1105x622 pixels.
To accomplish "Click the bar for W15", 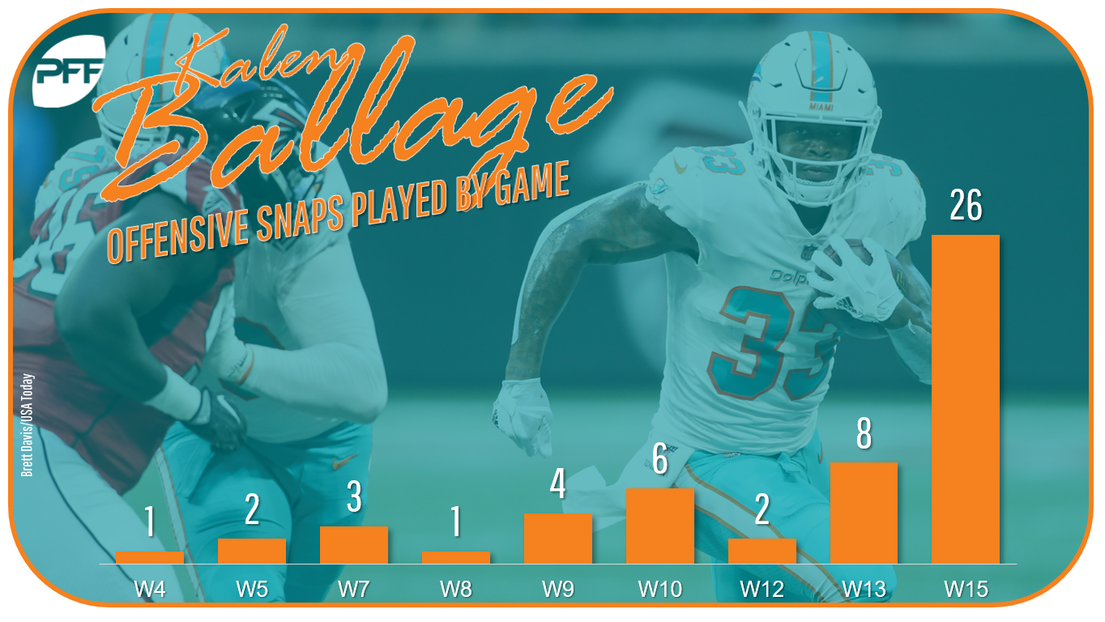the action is tap(966, 399).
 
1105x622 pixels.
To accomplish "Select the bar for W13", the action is tap(864, 513).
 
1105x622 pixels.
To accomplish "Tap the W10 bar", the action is tap(660, 526).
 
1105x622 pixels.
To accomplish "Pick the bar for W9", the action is tap(558, 539).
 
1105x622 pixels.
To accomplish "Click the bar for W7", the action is tap(354, 545).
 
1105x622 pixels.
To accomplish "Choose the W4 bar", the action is tap(150, 557).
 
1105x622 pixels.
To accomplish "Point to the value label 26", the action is tap(966, 205).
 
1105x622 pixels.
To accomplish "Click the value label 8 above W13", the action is tap(864, 433).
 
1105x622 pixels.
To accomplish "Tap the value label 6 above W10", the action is tap(660, 458).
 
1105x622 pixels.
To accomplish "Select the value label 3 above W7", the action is tap(354, 496).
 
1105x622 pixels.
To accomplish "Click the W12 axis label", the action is tap(762, 589).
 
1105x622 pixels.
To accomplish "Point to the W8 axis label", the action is tap(456, 589).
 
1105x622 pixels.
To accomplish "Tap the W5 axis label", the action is tap(252, 589).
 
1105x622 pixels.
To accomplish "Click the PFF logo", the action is tap(69, 71).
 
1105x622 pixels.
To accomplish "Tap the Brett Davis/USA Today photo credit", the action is tap(27, 424).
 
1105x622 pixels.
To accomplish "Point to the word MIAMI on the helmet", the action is tap(821, 107).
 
